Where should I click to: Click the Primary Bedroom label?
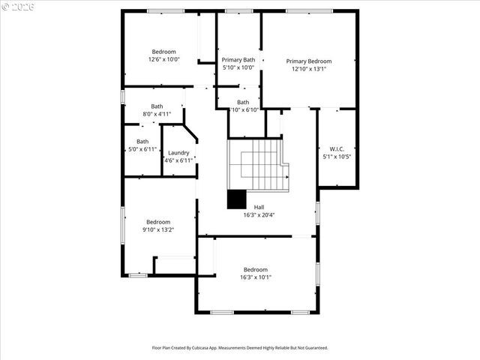tap(308, 61)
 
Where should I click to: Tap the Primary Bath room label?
tap(238, 60)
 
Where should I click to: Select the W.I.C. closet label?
tap(336, 148)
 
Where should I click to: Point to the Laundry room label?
tap(178, 153)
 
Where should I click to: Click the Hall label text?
tap(259, 208)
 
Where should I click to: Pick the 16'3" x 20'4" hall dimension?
tap(259, 215)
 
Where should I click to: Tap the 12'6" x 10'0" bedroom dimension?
tap(163, 60)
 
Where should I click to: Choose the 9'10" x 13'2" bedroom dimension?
tap(158, 230)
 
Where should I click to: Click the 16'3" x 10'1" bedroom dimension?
tap(256, 277)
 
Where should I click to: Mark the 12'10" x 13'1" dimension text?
tap(308, 69)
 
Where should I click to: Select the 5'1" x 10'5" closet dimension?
tap(336, 157)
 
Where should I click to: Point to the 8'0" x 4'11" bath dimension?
tap(157, 114)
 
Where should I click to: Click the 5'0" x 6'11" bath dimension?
tap(142, 149)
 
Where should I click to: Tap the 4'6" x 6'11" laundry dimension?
tap(178, 160)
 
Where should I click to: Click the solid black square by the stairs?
tap(237, 199)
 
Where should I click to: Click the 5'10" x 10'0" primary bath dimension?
tap(238, 67)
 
